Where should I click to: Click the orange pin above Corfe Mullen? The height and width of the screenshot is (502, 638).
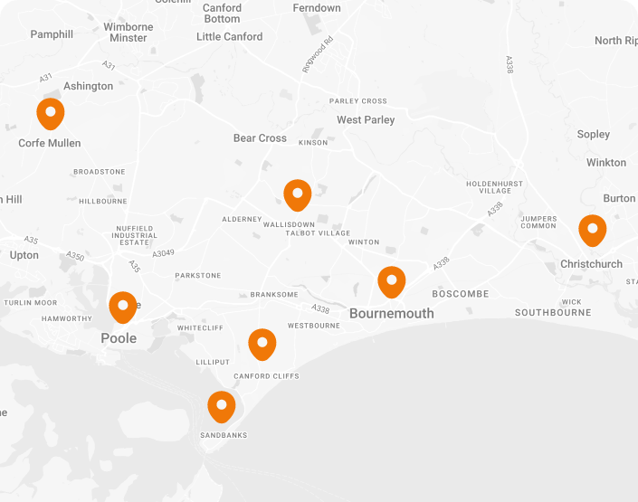pyautogui.click(x=51, y=114)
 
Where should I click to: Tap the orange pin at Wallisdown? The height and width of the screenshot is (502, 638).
pyautogui.click(x=297, y=194)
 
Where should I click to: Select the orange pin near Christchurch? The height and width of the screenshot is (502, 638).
pyautogui.click(x=592, y=230)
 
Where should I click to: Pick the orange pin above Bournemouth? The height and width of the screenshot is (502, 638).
pyautogui.click(x=391, y=281)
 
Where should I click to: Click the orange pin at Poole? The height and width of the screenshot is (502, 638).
pyautogui.click(x=123, y=308)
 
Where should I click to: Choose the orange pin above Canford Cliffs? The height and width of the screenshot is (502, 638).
pyautogui.click(x=262, y=344)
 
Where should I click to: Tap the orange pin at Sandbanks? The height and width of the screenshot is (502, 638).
pyautogui.click(x=221, y=406)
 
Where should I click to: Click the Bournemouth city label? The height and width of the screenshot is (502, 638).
pyautogui.click(x=391, y=314)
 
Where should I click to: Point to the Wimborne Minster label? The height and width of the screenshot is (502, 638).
pyautogui.click(x=129, y=33)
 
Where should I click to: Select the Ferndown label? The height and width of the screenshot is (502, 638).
pyautogui.click(x=317, y=8)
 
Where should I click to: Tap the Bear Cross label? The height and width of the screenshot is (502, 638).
pyautogui.click(x=260, y=138)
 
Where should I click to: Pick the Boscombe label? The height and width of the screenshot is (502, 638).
pyautogui.click(x=460, y=294)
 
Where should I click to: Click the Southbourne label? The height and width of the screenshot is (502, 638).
pyautogui.click(x=553, y=313)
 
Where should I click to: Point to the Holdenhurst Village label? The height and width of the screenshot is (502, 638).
pyautogui.click(x=495, y=187)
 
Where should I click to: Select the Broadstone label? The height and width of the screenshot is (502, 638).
pyautogui.click(x=100, y=172)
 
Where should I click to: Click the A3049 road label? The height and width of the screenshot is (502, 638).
pyautogui.click(x=163, y=253)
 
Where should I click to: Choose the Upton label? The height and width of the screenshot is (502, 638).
pyautogui.click(x=24, y=255)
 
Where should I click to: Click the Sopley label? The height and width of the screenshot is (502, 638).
pyautogui.click(x=594, y=134)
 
